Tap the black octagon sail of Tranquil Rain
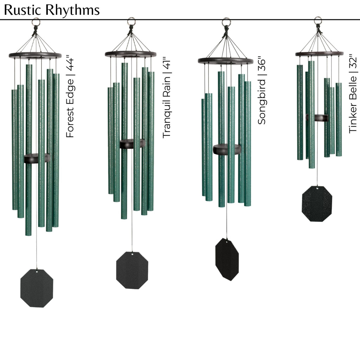pyautogui.click(x=132, y=270)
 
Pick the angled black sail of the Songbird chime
pyautogui.click(x=227, y=259)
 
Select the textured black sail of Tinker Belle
pyautogui.click(x=317, y=204)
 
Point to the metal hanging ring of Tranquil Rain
pyautogui.click(x=131, y=21)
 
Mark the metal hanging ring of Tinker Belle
pyautogui.click(x=318, y=20)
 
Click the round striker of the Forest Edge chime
pyautogui.click(x=37, y=158)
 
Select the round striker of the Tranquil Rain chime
pyautogui.click(x=132, y=143)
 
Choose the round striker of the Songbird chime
pyautogui.click(x=227, y=149)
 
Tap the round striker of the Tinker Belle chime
pyautogui.click(x=317, y=118)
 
